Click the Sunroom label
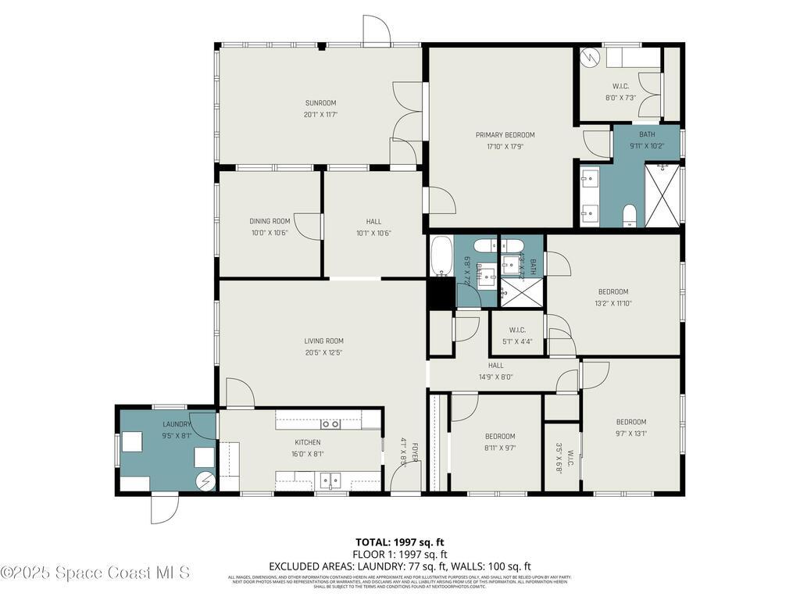tap(320, 103)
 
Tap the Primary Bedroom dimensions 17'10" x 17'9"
tap(505, 146)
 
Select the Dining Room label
tap(270, 221)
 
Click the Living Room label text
tap(323, 341)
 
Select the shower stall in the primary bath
tap(662, 195)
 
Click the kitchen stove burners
tap(330, 424)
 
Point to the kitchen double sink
tap(330, 479)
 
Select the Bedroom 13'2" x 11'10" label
tap(613, 291)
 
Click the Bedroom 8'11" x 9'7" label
tap(499, 436)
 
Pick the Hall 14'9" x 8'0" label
tap(496, 365)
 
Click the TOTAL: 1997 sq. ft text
tap(400, 542)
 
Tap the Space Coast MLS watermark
tap(95, 573)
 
